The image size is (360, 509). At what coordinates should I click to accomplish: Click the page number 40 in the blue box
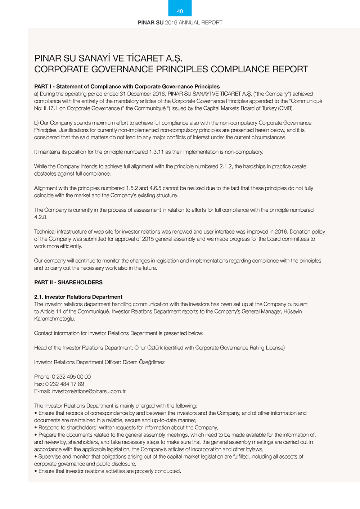pyautogui.click(x=180, y=12)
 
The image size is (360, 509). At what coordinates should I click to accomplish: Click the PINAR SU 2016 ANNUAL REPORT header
pyautogui.click(x=180, y=22)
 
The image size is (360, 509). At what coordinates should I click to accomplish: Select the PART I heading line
pyautogui.click(x=127, y=86)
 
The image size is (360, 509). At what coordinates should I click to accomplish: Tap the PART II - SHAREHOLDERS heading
pyautogui.click(x=68, y=282)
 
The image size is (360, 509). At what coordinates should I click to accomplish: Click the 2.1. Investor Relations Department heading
pyautogui.click(x=78, y=297)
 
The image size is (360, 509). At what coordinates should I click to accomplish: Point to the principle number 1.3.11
pyautogui.click(x=156, y=152)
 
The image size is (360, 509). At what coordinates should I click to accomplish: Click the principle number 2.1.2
pyautogui.click(x=226, y=166)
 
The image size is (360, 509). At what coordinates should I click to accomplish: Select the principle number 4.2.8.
pyautogui.click(x=41, y=217)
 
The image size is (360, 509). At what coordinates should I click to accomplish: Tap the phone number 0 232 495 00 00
pyautogui.click(x=71, y=377)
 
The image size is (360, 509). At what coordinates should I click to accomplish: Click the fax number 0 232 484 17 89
pyautogui.click(x=65, y=384)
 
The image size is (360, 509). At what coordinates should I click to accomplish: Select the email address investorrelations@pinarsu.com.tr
pyautogui.click(x=89, y=391)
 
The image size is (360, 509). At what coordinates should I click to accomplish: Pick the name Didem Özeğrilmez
pyautogui.click(x=144, y=362)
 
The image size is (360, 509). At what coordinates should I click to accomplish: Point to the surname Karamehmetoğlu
pyautogui.click(x=54, y=319)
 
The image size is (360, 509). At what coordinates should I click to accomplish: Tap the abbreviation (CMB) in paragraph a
pyautogui.click(x=286, y=108)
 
